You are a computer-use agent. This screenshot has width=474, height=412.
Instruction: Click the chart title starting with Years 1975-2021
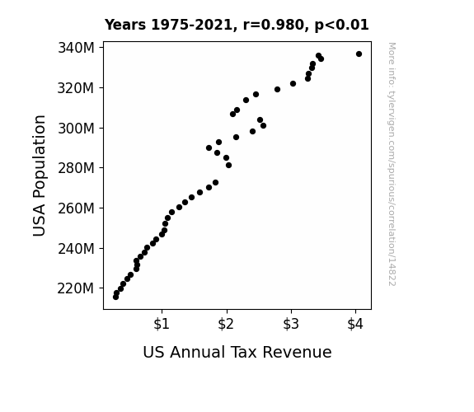click(x=237, y=25)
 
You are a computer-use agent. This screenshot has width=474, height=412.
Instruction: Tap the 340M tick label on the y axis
click(x=76, y=48)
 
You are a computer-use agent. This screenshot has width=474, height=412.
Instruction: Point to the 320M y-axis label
click(x=76, y=88)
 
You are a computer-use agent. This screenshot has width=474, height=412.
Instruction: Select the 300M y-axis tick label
click(x=76, y=129)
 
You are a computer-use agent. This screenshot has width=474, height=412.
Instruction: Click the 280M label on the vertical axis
click(x=76, y=168)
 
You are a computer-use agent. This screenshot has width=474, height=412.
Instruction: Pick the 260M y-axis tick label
click(x=76, y=208)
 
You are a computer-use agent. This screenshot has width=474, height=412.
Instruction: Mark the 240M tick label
click(x=76, y=249)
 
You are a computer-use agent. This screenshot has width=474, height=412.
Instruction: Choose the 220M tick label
click(x=76, y=288)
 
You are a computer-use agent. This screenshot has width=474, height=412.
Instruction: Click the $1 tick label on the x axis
click(x=162, y=325)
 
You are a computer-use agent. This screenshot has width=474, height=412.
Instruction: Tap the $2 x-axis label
click(x=226, y=325)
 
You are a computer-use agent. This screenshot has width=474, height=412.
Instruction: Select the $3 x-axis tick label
click(x=291, y=325)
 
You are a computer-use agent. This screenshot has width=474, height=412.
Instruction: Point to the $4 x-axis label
click(x=355, y=325)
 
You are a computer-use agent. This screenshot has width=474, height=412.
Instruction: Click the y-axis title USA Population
click(x=40, y=176)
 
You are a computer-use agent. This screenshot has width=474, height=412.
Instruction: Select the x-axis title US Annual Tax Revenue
click(x=237, y=352)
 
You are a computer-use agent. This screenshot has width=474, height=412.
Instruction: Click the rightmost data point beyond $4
click(x=359, y=54)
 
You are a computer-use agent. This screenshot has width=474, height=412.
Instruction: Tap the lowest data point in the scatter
click(x=115, y=297)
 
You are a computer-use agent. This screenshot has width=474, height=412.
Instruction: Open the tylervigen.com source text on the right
click(x=392, y=164)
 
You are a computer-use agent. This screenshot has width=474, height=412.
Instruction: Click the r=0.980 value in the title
click(x=274, y=25)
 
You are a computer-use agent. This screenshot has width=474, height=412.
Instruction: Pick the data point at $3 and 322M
click(x=293, y=84)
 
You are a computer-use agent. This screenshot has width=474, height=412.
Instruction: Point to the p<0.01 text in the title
click(x=341, y=25)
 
